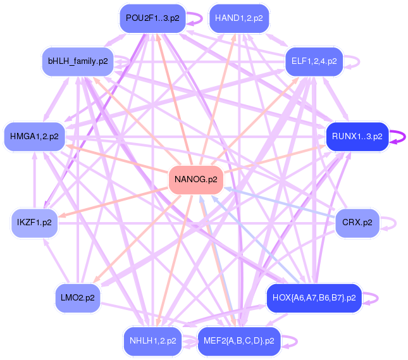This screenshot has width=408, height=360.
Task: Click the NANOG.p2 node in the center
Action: click(195, 180)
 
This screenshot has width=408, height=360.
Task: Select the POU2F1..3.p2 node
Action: click(152, 18)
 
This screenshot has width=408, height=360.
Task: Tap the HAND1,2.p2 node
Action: click(238, 18)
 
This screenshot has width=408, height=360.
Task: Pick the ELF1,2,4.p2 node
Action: click(314, 61)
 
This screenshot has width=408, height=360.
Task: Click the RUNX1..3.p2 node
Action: click(357, 136)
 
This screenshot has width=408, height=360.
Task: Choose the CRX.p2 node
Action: click(357, 223)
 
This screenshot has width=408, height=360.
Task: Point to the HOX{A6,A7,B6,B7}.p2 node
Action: click(314, 297)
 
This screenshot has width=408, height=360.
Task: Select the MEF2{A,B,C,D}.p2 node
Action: click(239, 340)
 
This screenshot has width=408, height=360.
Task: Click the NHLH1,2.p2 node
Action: click(152, 340)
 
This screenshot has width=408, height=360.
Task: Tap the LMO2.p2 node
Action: click(78, 297)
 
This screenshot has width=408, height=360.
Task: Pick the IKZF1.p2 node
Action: click(35, 223)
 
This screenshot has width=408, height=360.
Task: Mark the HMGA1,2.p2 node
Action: click(35, 136)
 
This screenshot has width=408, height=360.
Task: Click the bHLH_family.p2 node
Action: click(78, 61)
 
